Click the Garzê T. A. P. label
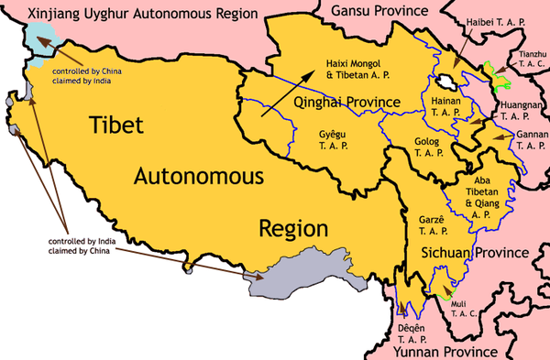pos(430,224)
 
